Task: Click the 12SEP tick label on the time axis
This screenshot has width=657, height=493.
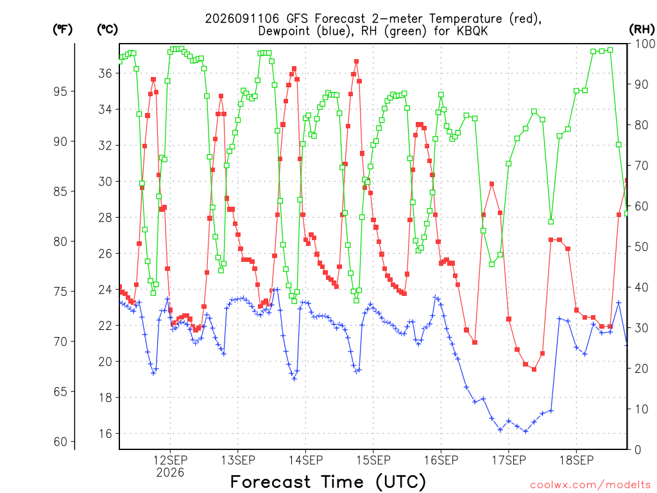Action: click(x=170, y=460)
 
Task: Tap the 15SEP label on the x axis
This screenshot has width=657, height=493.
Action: click(x=373, y=460)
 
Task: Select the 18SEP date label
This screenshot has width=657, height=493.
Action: click(x=577, y=460)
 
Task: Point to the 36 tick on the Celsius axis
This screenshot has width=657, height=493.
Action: click(x=105, y=73)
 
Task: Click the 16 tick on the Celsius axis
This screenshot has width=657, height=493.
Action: click(x=105, y=433)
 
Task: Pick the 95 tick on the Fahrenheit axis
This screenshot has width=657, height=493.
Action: click(x=60, y=91)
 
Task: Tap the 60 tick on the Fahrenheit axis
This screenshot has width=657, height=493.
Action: click(x=60, y=442)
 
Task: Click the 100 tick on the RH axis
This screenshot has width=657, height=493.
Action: click(x=645, y=44)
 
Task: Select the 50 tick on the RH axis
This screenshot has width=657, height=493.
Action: click(x=642, y=246)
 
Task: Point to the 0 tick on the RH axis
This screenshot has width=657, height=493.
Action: click(x=638, y=449)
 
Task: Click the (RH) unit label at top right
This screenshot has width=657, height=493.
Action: click(x=642, y=29)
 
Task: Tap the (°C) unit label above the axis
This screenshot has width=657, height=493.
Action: click(x=107, y=29)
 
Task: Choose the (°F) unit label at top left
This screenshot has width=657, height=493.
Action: click(x=62, y=29)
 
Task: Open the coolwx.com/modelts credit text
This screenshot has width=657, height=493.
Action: click(x=590, y=485)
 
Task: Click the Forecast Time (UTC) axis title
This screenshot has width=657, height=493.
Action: click(x=328, y=481)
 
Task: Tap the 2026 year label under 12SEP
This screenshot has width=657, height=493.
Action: click(x=170, y=473)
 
